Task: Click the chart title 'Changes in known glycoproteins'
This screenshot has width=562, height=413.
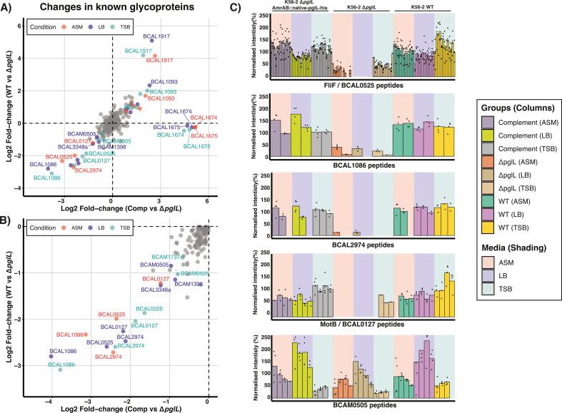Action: (x=115, y=9)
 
